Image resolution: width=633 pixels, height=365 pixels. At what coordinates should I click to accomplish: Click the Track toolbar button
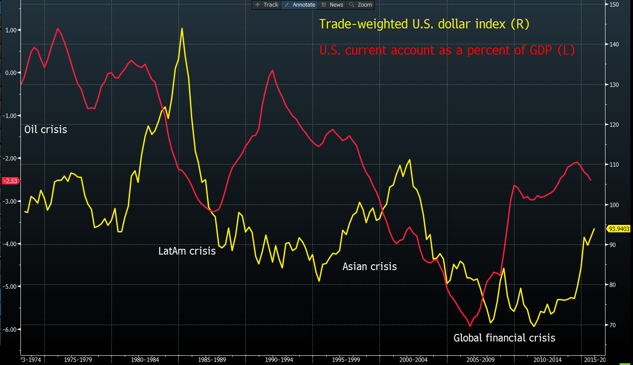[x=266, y=5]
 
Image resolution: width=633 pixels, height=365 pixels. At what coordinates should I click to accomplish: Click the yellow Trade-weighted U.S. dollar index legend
[x=424, y=24]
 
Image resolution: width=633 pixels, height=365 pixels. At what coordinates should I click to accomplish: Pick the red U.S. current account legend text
[x=447, y=50]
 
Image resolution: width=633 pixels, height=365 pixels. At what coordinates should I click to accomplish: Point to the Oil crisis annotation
[x=46, y=130]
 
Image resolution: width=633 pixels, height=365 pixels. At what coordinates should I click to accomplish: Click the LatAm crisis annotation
[x=187, y=251]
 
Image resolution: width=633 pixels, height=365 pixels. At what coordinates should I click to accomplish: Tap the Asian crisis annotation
[x=369, y=267]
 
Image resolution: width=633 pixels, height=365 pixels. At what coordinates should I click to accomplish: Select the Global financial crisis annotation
[x=504, y=338]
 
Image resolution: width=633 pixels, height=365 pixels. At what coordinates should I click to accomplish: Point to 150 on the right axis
[x=614, y=4]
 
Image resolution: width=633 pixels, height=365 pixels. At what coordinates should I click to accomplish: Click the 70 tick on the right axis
[x=613, y=325]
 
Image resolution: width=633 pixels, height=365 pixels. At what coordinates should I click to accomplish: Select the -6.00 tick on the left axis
[x=9, y=330]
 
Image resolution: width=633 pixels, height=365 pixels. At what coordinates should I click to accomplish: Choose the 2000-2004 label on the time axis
[x=413, y=360]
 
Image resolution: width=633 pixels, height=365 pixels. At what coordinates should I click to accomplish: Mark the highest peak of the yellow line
[x=182, y=28]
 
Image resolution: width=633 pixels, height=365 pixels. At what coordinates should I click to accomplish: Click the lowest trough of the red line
[x=470, y=326]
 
